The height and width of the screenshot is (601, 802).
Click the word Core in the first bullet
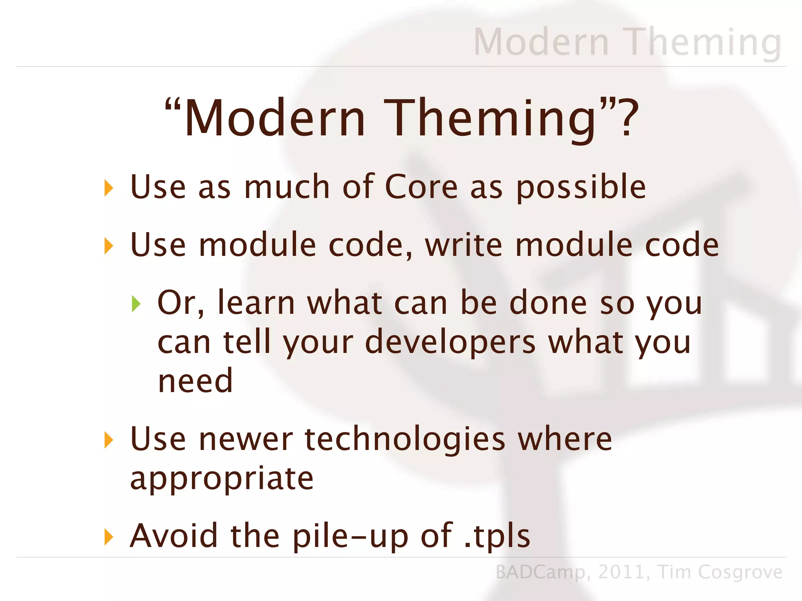click(x=421, y=187)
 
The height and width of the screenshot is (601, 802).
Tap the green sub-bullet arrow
click(x=136, y=304)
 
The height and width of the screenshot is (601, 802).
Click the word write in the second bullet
click(x=464, y=245)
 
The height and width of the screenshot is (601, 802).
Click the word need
click(x=195, y=381)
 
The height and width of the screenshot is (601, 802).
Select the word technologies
click(x=405, y=439)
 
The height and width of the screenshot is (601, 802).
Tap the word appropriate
click(x=222, y=478)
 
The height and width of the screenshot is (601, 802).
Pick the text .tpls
click(x=497, y=536)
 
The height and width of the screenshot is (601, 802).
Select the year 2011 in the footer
click(x=621, y=572)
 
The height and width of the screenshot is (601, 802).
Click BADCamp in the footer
click(x=540, y=572)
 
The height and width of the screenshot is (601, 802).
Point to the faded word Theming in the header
click(x=703, y=42)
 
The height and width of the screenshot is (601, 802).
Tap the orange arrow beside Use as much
click(x=108, y=188)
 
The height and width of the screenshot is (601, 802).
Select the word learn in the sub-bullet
click(x=256, y=303)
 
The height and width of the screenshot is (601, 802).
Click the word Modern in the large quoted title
click(x=275, y=118)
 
